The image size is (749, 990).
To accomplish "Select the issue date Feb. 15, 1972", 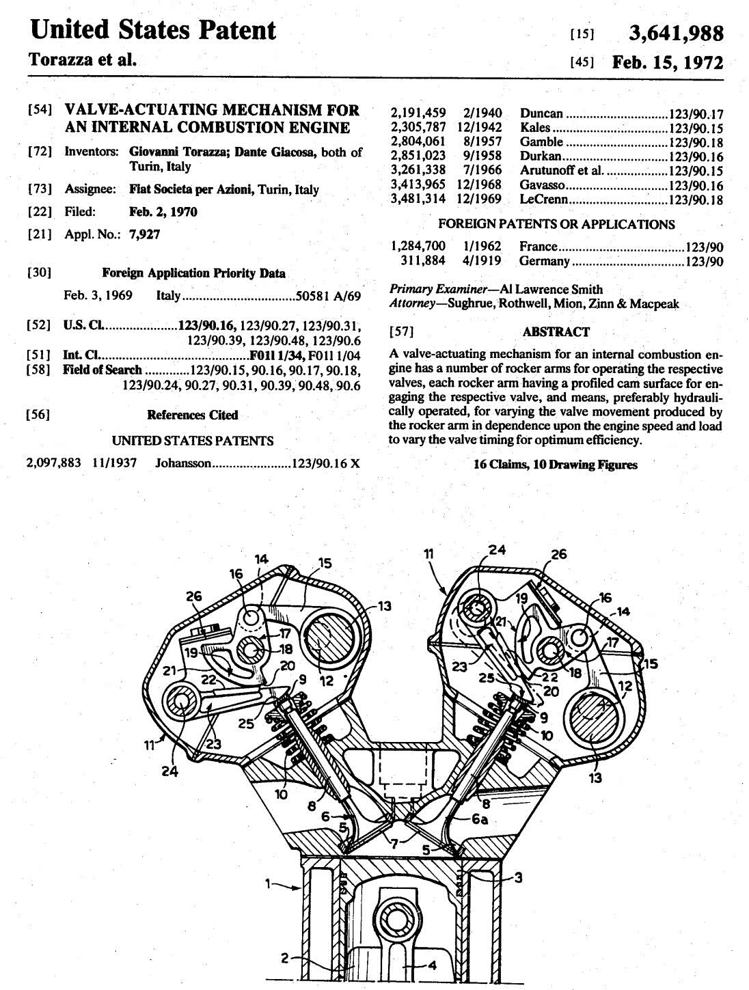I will click(667, 62).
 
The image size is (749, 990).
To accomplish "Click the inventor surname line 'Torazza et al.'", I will click(82, 59).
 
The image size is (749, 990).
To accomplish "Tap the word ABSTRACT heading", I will click(556, 332).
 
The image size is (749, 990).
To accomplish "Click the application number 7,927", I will click(148, 234).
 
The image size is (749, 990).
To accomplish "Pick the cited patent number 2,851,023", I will click(418, 156).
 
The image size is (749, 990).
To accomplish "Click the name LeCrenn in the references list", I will click(544, 200).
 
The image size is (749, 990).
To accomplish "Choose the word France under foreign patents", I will click(538, 247).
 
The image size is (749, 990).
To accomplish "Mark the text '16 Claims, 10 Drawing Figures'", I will click(555, 465).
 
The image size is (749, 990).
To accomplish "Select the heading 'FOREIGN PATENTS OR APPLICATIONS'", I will click(556, 224).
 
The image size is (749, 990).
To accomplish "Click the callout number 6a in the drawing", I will click(480, 820).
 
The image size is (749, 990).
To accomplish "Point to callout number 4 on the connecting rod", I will click(431, 965).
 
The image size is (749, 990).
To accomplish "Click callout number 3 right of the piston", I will click(518, 877).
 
